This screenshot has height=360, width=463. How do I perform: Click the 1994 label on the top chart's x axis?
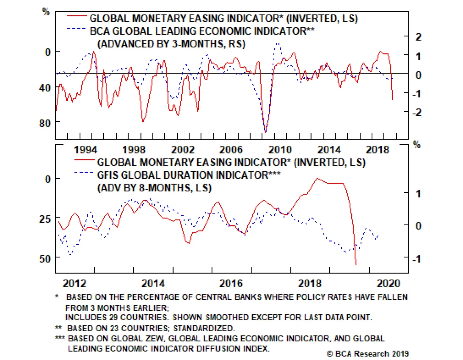click(85, 150)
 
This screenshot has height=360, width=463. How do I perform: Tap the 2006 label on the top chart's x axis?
click(231, 150)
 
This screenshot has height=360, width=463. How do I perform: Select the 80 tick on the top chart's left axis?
click(45, 123)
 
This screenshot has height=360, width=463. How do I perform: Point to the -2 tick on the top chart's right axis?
click(417, 112)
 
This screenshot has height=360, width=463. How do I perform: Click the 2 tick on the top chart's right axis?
click(418, 37)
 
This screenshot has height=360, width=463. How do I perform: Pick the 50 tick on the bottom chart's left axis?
click(45, 258)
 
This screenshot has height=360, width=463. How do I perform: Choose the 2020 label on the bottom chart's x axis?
click(388, 283)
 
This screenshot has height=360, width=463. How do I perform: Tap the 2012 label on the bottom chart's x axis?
click(74, 283)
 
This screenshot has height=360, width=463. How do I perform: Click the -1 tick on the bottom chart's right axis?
click(417, 259)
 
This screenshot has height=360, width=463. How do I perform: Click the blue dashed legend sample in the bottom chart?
click(84, 173)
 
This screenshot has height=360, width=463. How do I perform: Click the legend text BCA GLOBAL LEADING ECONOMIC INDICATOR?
click(198, 31)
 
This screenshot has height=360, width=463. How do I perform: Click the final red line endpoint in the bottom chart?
click(356, 264)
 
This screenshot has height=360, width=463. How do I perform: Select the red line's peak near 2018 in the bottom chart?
click(317, 178)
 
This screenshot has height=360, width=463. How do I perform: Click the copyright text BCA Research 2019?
click(368, 354)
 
